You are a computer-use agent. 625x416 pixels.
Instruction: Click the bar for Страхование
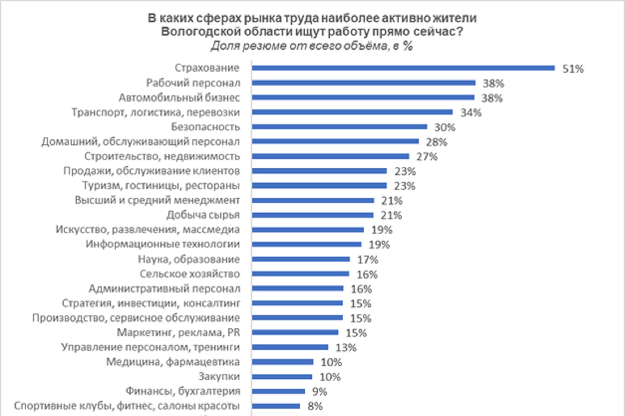click(403, 68)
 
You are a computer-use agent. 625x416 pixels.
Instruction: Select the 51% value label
click(573, 69)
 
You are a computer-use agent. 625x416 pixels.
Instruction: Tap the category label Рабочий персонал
click(193, 83)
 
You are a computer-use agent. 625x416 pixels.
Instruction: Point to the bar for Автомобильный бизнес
click(362, 98)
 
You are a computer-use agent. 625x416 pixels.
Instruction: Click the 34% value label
click(471, 113)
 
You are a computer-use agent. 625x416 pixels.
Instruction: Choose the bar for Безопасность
click(339, 127)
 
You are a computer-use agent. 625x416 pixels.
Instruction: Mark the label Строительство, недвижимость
click(162, 157)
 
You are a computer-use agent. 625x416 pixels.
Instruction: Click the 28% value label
click(436, 142)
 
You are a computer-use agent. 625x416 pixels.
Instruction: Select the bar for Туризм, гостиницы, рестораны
click(319, 185)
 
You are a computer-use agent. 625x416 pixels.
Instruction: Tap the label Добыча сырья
click(203, 215)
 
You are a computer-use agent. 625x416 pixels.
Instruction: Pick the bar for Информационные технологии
click(306, 244)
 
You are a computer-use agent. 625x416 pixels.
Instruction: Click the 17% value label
click(367, 259)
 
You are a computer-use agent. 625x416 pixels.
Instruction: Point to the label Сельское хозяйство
click(190, 274)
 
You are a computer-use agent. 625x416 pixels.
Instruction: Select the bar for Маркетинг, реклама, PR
click(295, 333)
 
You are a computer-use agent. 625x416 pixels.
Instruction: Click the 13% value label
click(346, 348)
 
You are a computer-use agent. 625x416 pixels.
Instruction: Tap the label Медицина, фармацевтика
click(173, 362)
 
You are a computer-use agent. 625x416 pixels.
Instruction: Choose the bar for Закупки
click(282, 377)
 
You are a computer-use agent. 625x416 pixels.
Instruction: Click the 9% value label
click(320, 392)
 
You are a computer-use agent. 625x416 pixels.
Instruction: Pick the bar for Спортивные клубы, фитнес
click(276, 406)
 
